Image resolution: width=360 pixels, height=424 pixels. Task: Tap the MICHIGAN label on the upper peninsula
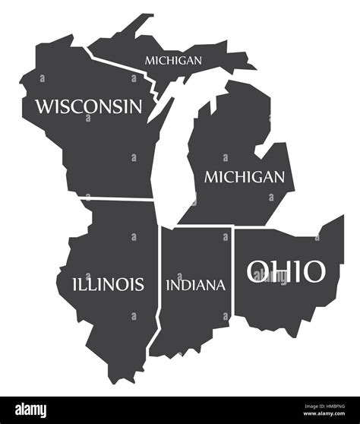click(x=174, y=59)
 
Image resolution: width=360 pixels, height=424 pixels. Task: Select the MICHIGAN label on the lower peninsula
click(x=245, y=177)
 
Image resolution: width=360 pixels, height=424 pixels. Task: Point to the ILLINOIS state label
click(x=107, y=284)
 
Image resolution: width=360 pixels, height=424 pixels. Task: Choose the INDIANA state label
click(x=195, y=286)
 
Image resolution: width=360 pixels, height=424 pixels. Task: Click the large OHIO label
click(x=285, y=271)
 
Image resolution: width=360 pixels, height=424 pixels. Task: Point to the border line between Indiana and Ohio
click(x=232, y=274)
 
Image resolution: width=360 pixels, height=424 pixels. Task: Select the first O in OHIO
click(x=258, y=271)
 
